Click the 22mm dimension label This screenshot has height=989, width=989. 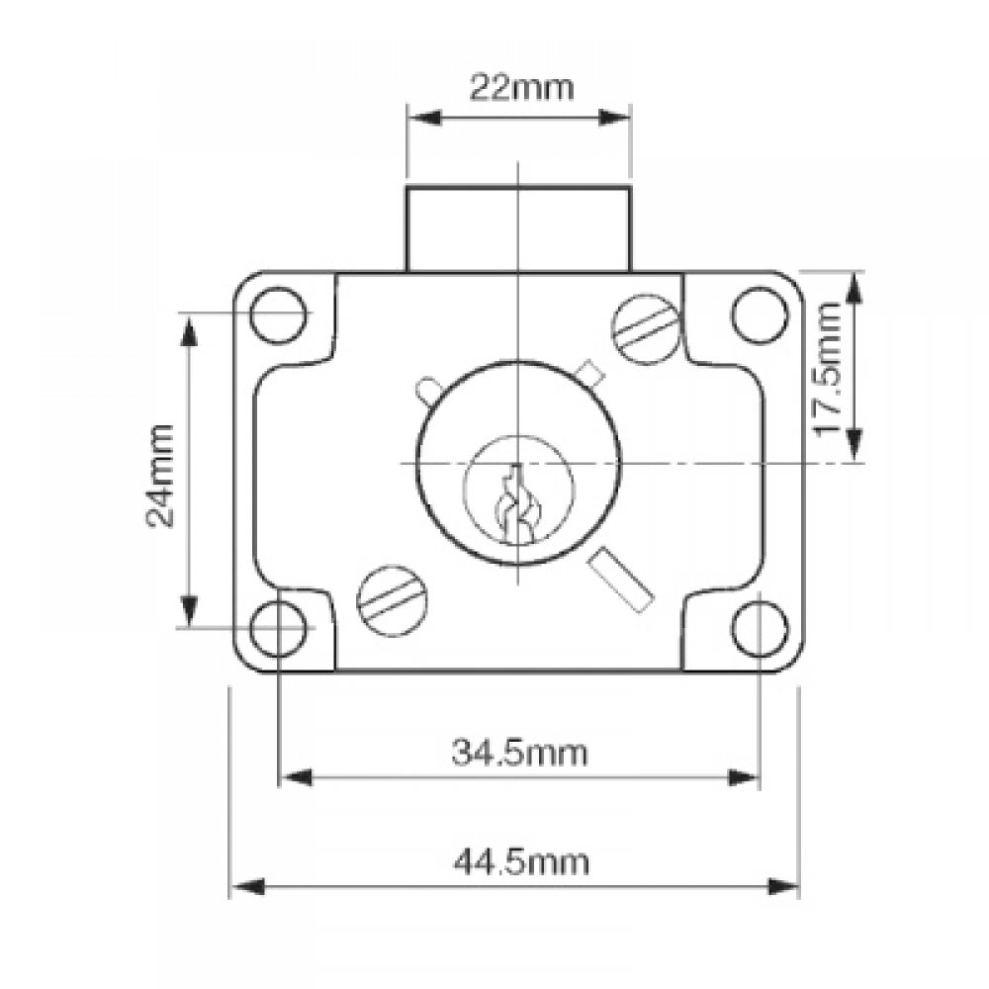tap(520, 87)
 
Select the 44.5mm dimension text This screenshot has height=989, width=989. tap(520, 862)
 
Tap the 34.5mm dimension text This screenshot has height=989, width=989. tap(520, 754)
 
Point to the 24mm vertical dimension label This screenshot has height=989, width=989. tap(161, 475)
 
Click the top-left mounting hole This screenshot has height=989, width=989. tap(278, 314)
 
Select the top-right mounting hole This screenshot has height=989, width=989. tap(759, 314)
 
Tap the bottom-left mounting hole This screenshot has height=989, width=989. tap(278, 628)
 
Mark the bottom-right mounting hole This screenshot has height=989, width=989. tap(759, 628)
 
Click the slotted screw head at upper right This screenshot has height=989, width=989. tap(647, 326)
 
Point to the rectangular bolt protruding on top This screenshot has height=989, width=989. tap(518, 227)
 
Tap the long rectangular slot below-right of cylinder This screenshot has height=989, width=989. tap(620, 581)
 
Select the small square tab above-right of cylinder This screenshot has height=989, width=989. tap(589, 373)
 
